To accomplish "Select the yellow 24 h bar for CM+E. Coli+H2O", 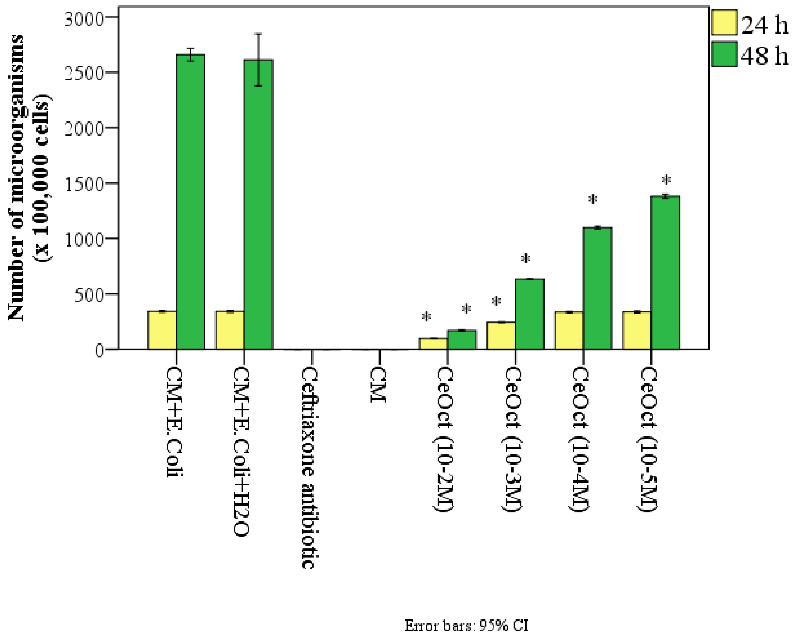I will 230,330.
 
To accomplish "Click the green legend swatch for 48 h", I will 724,54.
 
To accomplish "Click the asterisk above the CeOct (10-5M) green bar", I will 666,181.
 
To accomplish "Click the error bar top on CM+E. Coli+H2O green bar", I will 259,34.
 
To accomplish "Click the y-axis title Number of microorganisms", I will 17,177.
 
